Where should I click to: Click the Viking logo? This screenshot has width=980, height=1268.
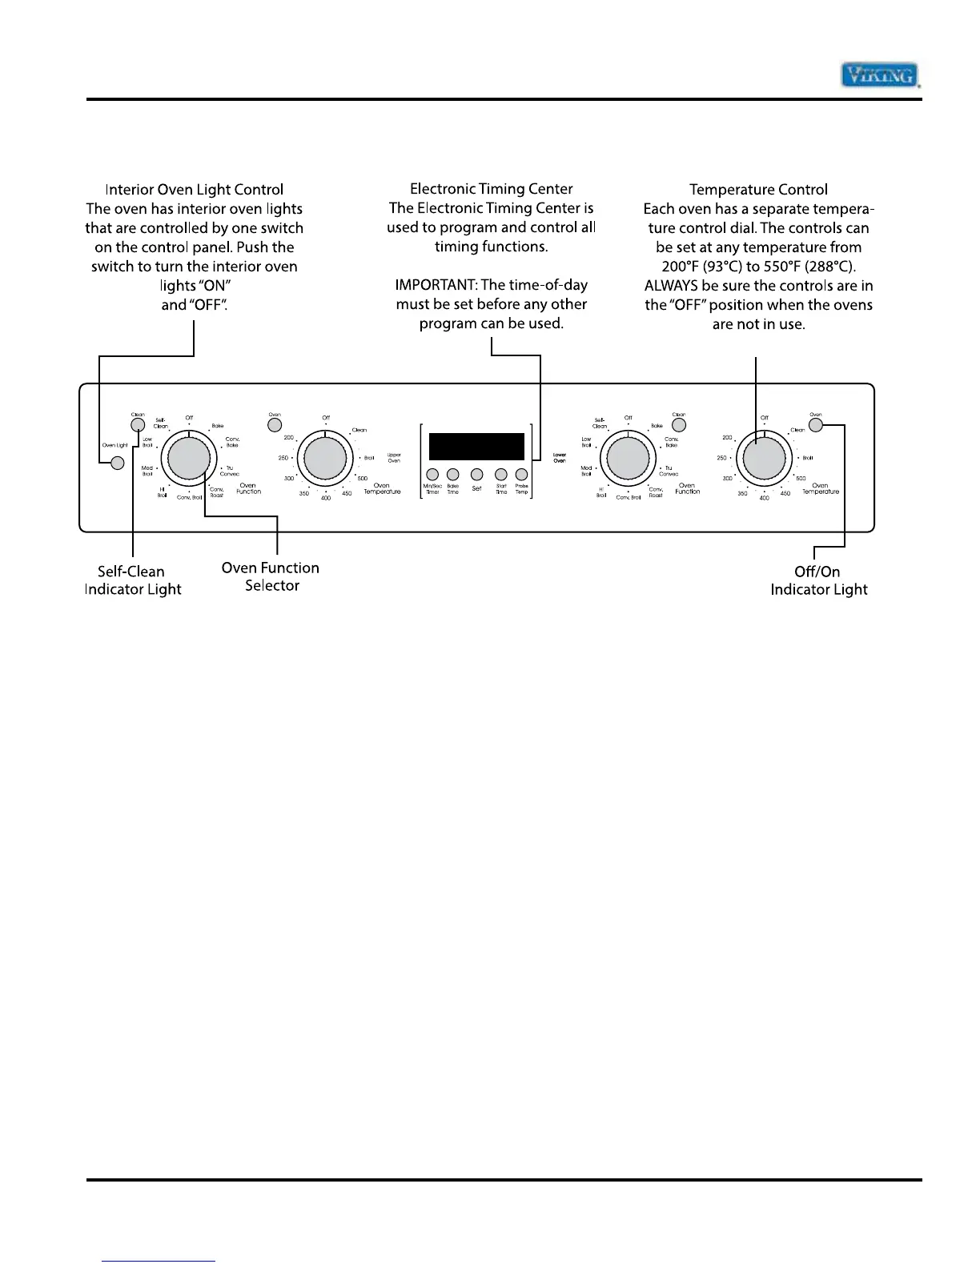[x=878, y=75]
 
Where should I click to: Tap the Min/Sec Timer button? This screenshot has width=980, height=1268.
[x=432, y=475]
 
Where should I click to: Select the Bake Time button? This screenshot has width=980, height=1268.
[x=453, y=475]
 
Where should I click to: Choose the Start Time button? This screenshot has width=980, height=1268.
[x=501, y=475]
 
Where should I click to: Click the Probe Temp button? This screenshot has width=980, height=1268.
[x=521, y=475]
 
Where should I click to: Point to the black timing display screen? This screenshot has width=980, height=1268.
[x=476, y=446]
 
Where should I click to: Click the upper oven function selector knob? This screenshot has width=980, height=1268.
[x=189, y=459]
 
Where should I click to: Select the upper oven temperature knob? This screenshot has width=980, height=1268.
[x=325, y=459]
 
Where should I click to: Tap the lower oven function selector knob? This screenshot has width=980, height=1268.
[x=629, y=459]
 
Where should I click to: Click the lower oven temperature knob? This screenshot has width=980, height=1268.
[x=764, y=459]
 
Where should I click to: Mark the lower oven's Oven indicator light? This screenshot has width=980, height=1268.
[x=815, y=425]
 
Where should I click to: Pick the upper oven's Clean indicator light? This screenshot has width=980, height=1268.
[x=138, y=425]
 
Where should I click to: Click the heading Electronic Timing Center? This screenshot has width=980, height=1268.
[x=491, y=189]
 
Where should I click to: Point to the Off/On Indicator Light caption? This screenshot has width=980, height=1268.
[x=818, y=580]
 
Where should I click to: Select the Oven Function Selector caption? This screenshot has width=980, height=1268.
[x=271, y=576]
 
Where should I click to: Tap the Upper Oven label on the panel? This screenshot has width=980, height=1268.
[x=394, y=458]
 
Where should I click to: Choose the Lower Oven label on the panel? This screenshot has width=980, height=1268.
[x=560, y=458]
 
